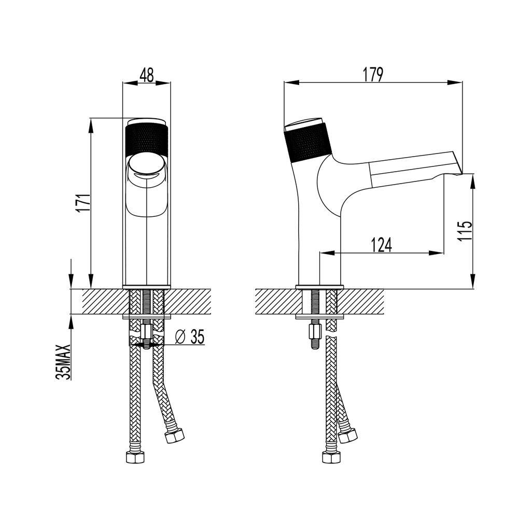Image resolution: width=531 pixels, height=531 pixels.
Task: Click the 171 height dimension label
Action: click(x=83, y=203)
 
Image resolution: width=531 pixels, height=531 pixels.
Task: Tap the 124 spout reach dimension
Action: click(x=382, y=245)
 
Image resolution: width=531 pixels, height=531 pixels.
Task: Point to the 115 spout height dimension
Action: click(x=464, y=231)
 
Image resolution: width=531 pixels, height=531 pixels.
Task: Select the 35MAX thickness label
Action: click(x=64, y=362)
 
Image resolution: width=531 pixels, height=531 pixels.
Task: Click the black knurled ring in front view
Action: click(x=146, y=140)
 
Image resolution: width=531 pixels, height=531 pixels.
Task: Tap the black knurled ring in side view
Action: click(x=308, y=143)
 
